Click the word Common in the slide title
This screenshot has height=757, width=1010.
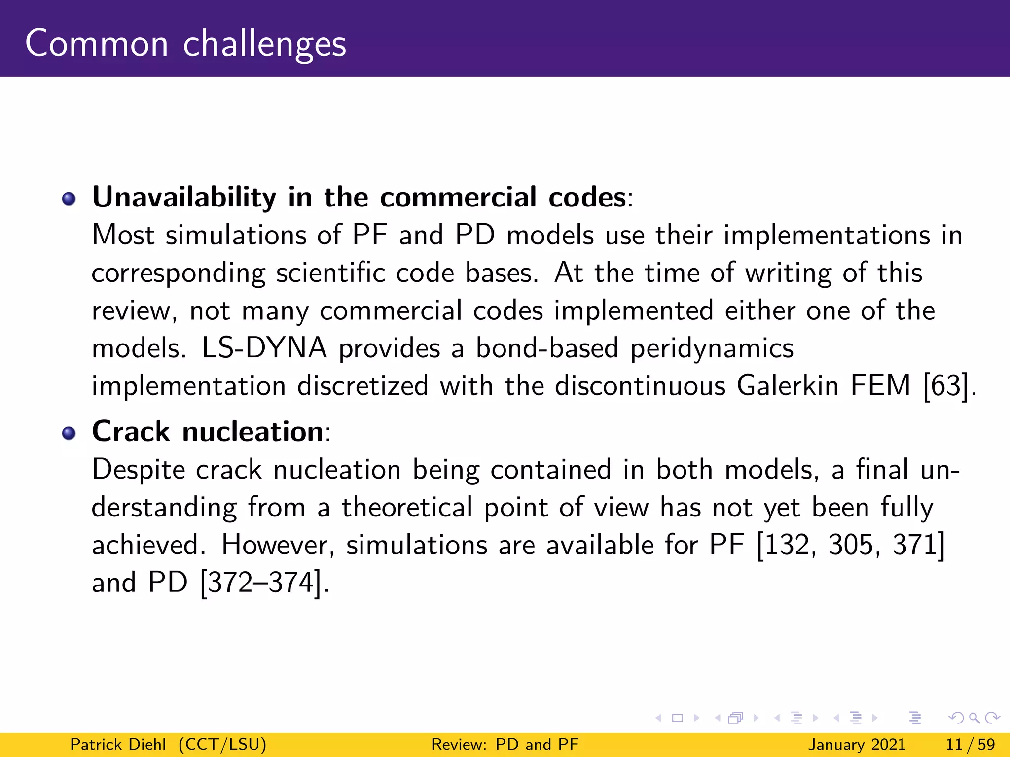tap(97, 44)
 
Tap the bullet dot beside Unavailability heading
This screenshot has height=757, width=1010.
tap(69, 199)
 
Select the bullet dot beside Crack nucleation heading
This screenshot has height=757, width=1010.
tap(69, 433)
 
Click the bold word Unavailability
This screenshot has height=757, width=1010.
tap(184, 198)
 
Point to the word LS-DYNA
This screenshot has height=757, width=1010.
tap(264, 348)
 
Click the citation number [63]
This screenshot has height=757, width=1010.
tap(945, 386)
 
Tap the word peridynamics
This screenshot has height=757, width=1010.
tap(712, 349)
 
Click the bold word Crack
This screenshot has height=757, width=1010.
tap(131, 432)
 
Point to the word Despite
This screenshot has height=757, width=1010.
tap(139, 470)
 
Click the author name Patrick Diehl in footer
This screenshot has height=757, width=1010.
tap(118, 744)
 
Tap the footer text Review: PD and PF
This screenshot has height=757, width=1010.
tap(505, 744)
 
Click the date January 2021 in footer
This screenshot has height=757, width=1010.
tap(857, 744)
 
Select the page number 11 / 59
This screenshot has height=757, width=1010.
tap(970, 744)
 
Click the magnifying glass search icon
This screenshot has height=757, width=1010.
tap(974, 718)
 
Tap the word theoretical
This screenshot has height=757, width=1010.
tap(407, 508)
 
